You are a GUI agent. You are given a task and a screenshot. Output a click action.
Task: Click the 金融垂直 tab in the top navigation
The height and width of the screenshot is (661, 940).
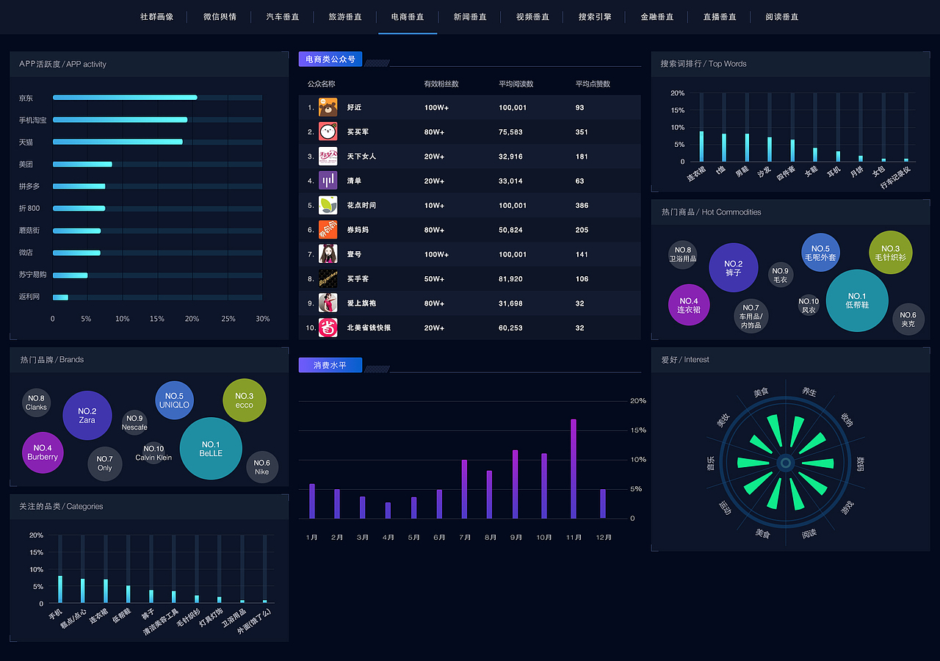point(657,17)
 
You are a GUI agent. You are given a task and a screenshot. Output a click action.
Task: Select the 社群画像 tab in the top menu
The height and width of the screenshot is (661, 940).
point(157,17)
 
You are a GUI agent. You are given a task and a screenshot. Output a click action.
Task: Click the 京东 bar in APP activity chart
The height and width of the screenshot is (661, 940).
point(125,98)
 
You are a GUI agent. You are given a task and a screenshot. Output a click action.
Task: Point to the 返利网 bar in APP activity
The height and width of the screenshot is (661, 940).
point(60,297)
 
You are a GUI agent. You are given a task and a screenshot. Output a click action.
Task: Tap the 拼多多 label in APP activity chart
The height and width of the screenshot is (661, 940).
point(29,187)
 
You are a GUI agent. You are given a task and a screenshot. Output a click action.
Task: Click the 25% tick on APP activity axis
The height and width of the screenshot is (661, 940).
point(228,319)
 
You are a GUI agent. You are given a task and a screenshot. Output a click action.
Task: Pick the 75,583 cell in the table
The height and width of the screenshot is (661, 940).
point(510,132)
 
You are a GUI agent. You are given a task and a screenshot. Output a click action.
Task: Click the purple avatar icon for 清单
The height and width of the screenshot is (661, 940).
point(328,181)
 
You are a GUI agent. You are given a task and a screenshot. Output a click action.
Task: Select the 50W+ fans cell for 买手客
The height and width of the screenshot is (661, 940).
point(434,279)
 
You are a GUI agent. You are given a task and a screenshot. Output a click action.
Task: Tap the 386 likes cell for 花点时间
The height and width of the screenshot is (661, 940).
point(582,206)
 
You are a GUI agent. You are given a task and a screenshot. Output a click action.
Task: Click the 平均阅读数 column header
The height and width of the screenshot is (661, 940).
point(516,84)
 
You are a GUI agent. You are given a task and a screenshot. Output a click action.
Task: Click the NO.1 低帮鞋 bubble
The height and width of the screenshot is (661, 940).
point(857,300)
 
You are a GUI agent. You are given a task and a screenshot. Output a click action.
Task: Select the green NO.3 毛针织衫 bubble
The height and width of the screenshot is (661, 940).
point(890,253)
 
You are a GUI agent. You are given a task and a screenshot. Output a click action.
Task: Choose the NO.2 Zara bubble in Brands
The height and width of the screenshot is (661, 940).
point(87,415)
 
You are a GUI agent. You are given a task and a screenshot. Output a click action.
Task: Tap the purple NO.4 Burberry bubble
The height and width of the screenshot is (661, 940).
point(43,452)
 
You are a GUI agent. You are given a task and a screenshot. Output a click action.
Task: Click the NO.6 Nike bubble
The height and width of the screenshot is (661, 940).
point(262,467)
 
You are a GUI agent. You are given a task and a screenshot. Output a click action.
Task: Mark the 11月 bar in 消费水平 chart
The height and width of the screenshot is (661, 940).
point(574,469)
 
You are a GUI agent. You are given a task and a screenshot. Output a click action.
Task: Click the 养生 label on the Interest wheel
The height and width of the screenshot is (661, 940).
point(809,393)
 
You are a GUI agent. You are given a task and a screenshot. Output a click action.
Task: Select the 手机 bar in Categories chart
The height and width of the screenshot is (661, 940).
point(60,590)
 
